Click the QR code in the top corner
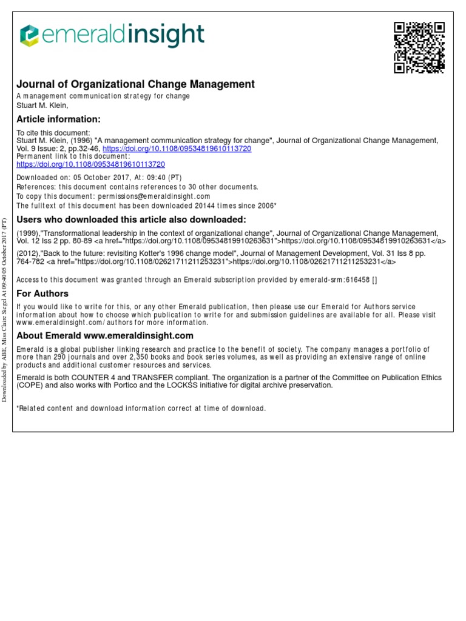coord(419,47)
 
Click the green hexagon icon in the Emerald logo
coord(29,36)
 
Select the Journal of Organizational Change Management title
coord(135,84)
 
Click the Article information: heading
coord(58,119)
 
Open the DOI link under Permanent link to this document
coord(90,164)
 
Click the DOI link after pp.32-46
coord(177,149)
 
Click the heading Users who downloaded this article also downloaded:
coord(131,220)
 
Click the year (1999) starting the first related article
coord(27,232)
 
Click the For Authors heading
coord(42,294)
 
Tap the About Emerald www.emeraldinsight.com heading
coord(105,335)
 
